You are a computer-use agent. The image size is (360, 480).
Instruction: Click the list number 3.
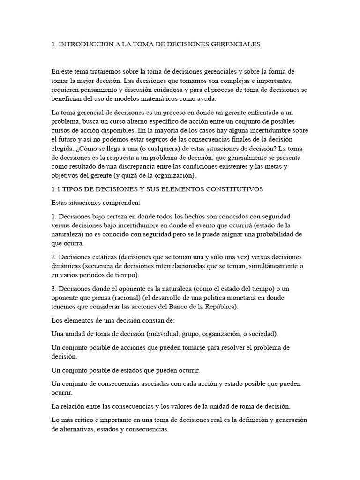[53, 289]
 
